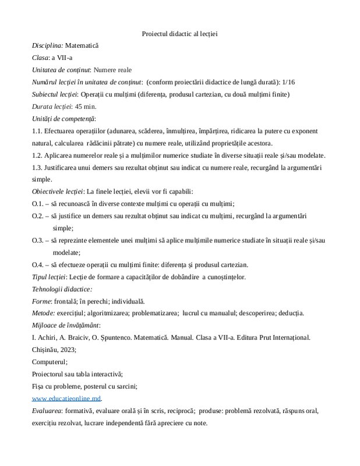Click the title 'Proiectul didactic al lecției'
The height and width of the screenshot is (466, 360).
coord(179,33)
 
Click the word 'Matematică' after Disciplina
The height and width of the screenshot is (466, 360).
coord(83,45)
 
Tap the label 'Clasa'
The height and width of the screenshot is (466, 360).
coord(41,58)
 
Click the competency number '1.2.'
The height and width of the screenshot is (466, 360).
coord(38,156)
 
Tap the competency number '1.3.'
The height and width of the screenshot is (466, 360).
coord(38,168)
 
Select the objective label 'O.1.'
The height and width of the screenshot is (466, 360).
coord(38,204)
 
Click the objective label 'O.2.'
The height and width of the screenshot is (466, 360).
coord(38,216)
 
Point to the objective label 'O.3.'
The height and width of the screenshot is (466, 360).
coord(38,241)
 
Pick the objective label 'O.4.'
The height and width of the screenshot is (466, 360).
coord(38,264)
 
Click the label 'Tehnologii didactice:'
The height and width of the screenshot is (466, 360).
coord(63,289)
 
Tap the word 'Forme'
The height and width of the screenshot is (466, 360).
coord(41,301)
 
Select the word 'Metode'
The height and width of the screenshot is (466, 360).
coord(43,313)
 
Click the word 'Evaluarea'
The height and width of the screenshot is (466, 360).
coord(47,411)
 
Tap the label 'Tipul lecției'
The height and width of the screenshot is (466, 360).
coord(49,277)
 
